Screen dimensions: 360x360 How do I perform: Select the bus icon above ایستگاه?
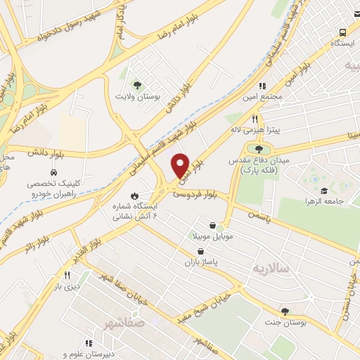pos(343,32)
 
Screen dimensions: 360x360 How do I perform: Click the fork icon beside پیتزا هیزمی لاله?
pos(256,120)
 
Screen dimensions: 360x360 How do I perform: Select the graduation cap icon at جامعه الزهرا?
pos(323,191)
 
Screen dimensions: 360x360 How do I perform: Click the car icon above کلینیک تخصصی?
pos(53,172)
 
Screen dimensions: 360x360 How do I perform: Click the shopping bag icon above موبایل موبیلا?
pos(212,226)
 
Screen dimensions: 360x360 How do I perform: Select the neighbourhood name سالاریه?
pos(266,269)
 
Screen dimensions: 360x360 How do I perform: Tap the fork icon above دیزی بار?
pos(67,275)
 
